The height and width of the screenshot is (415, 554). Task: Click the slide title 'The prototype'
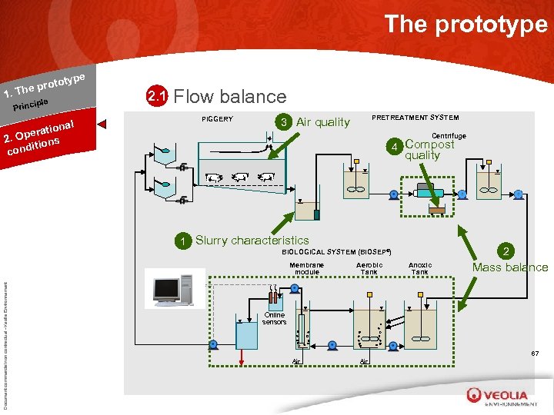pyautogui.click(x=466, y=24)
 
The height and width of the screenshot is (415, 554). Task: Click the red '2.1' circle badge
pyautogui.click(x=157, y=97)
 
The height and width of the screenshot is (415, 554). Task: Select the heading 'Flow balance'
pyautogui.click(x=231, y=97)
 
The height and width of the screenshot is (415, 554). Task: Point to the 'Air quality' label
pyautogui.click(x=323, y=122)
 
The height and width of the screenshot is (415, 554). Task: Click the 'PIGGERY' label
pyautogui.click(x=217, y=119)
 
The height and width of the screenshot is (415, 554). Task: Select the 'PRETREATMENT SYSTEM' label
pyautogui.click(x=415, y=118)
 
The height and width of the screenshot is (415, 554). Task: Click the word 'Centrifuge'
pyautogui.click(x=450, y=136)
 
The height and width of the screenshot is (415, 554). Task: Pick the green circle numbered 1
pyautogui.click(x=183, y=241)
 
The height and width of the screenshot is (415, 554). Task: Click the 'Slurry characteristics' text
pyautogui.click(x=252, y=241)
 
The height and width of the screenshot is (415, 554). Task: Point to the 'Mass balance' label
pyautogui.click(x=510, y=267)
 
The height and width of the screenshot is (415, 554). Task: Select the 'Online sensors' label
pyautogui.click(x=274, y=318)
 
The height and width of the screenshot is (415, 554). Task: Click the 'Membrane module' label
pyautogui.click(x=307, y=268)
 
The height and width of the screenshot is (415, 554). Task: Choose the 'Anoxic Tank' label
pyautogui.click(x=419, y=268)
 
